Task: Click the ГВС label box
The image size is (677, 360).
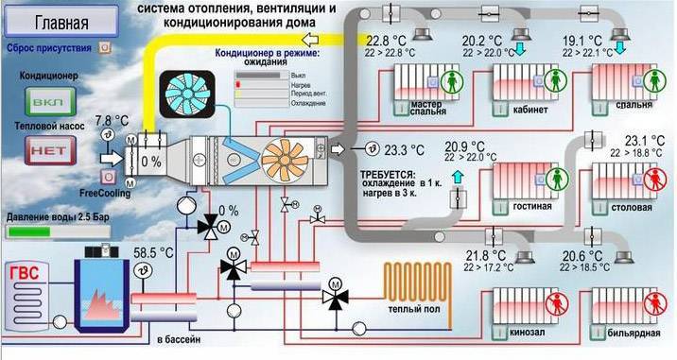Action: click(x=26, y=275)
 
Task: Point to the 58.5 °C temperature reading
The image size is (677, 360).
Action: click(x=152, y=254)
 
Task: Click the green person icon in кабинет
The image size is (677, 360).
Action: click(x=549, y=82)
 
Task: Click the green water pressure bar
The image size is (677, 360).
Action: click(x=28, y=230)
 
